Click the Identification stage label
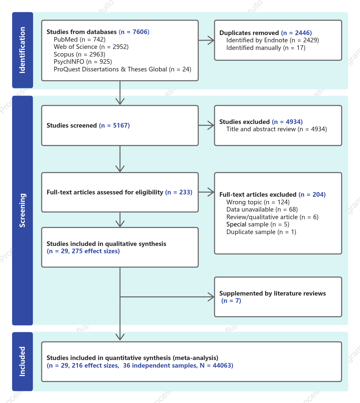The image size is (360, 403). point(22,50)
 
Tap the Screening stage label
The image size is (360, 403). point(22,210)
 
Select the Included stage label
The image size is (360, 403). point(22,361)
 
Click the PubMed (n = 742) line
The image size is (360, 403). point(80,40)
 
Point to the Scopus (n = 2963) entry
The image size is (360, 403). point(79,54)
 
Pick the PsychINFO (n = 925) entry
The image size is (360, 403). point(83,62)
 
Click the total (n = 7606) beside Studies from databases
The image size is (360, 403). point(134,32)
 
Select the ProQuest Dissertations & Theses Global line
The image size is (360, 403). point(123,69)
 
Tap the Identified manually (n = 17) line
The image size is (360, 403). point(266,48)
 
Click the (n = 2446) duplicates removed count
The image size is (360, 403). point(296,33)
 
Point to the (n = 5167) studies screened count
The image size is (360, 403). point(114,126)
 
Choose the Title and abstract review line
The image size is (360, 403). point(276,129)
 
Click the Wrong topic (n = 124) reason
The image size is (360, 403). point(258,202)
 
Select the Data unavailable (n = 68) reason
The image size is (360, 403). point(262,210)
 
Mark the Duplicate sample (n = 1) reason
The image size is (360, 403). point(261,232)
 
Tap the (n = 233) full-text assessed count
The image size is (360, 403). point(179,192)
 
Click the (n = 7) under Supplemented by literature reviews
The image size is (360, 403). point(231,301)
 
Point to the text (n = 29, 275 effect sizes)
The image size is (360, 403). point(83,251)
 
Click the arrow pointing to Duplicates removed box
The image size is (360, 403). point(206,40)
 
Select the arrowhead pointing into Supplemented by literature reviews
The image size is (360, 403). point(211,297)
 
